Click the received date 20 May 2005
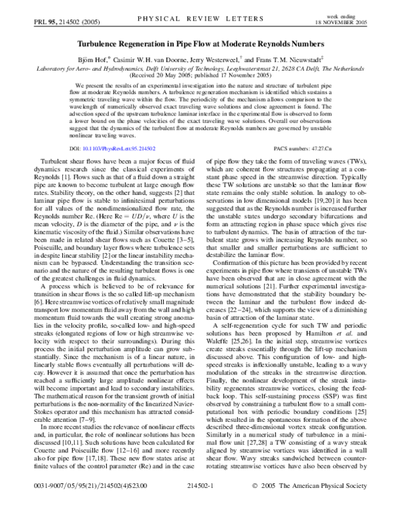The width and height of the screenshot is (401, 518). pos(156,75)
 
